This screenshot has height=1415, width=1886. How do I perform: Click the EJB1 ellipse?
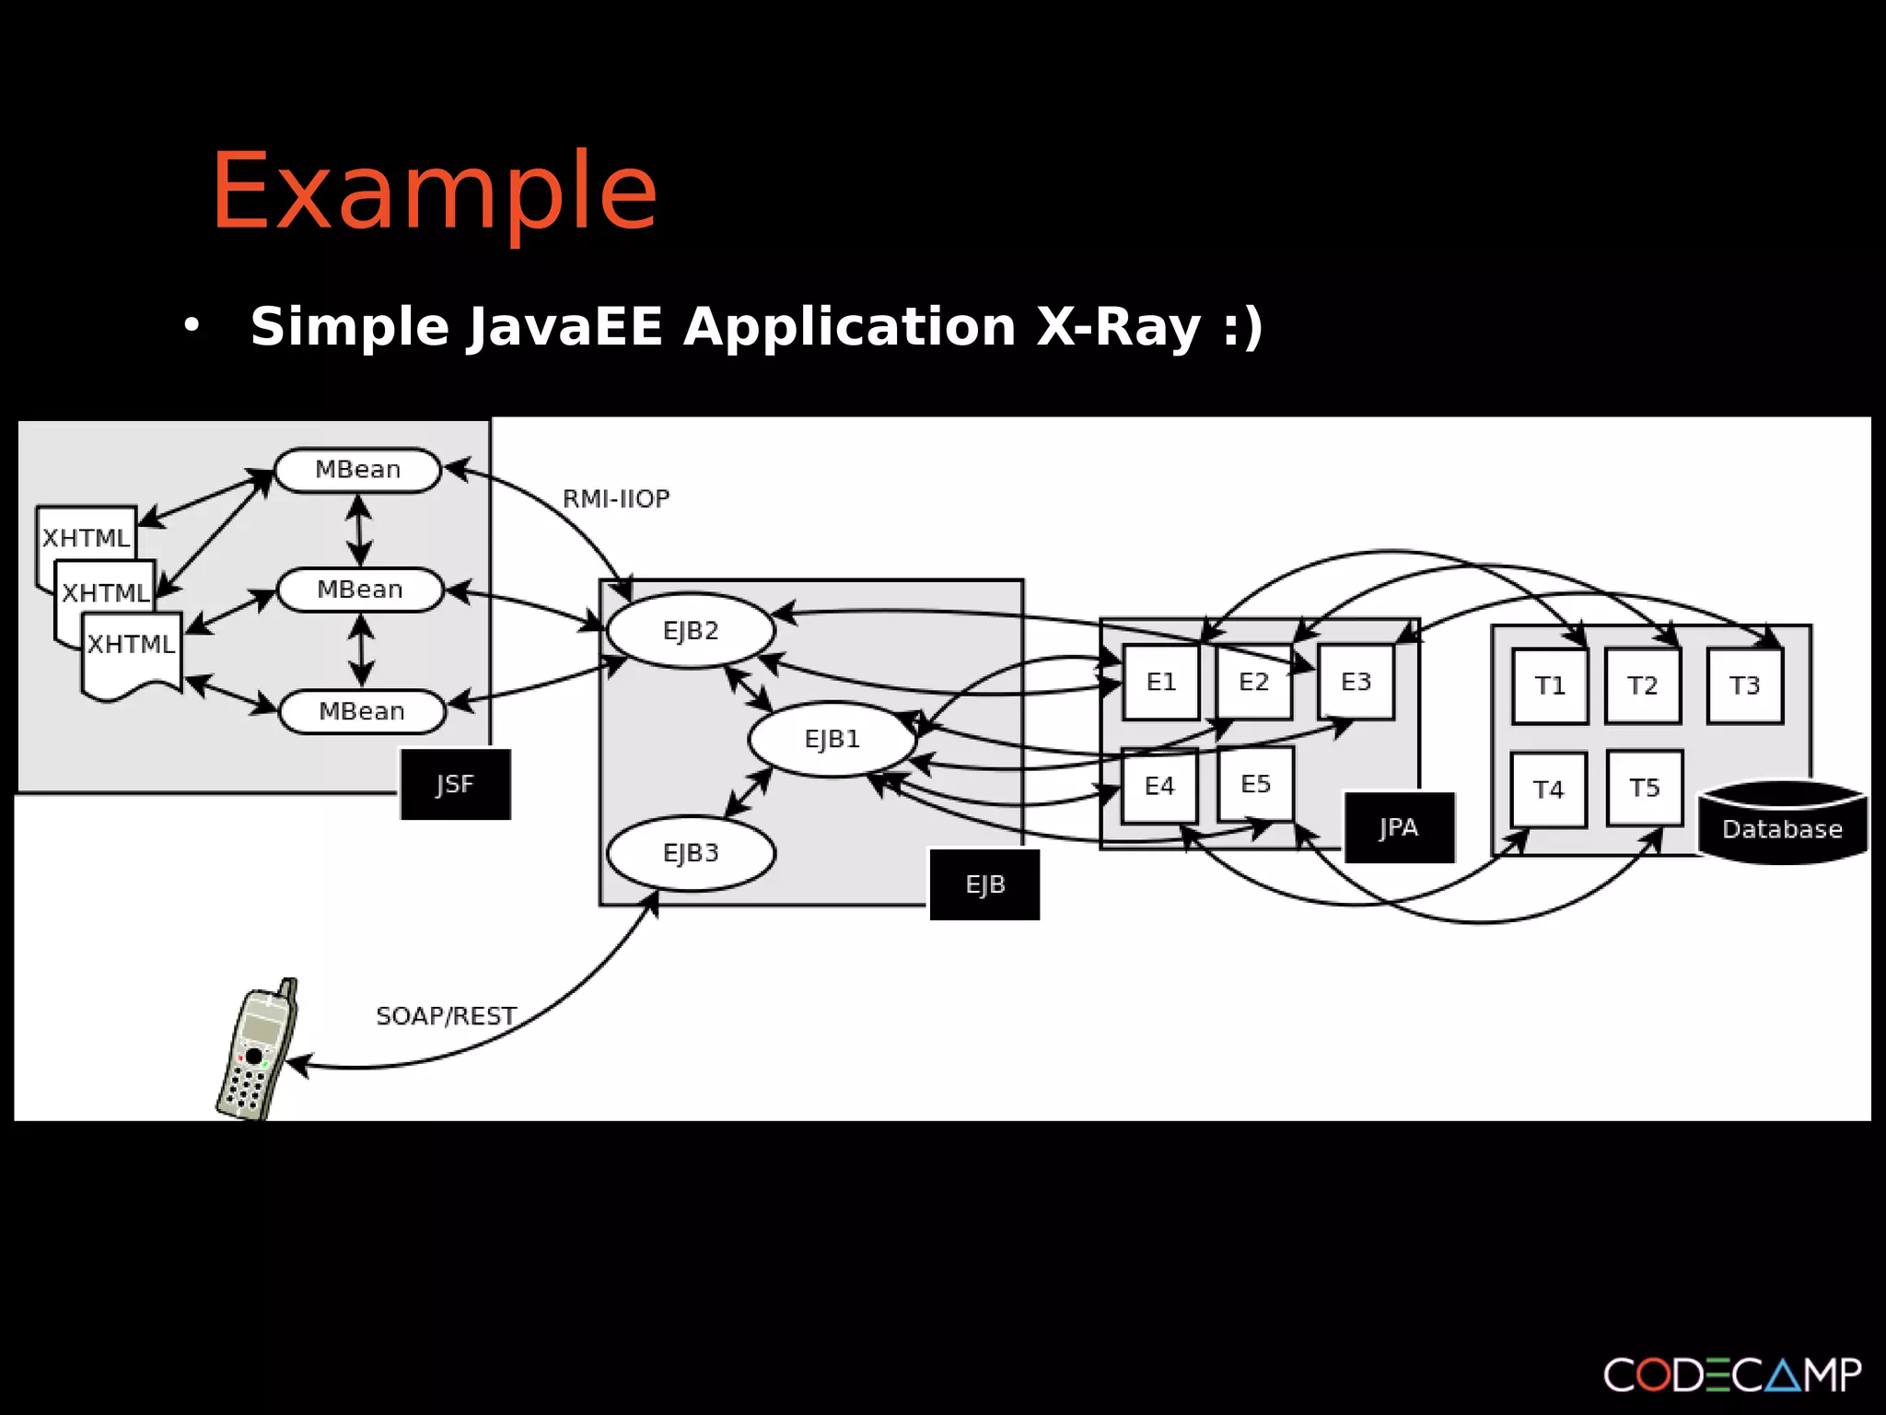point(832,739)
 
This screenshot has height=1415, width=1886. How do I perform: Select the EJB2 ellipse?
point(691,631)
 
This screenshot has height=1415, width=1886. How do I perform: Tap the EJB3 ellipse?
point(691,853)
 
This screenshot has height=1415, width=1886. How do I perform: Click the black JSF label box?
point(455,784)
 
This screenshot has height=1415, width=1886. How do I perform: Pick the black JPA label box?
point(1399,827)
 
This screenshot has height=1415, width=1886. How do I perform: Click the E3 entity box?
point(1356,682)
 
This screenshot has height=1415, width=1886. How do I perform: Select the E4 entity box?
point(1159,786)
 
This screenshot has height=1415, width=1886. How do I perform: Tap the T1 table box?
point(1550,685)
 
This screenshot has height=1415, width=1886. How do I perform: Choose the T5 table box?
point(1645,788)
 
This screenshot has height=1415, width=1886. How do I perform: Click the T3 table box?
point(1744,685)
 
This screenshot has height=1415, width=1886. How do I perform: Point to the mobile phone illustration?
point(256,1050)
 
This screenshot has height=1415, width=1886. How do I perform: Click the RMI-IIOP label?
point(616,499)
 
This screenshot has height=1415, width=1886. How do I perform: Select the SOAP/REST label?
point(447,1016)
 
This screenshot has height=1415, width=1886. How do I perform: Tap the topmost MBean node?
point(358,470)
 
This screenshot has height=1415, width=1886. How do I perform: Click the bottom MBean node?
point(362,711)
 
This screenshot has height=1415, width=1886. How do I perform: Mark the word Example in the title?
point(434,192)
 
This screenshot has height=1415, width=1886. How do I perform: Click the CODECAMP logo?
point(1732,1374)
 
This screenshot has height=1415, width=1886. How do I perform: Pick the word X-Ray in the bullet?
point(1119,327)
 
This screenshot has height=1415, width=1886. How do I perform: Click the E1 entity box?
point(1161,682)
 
